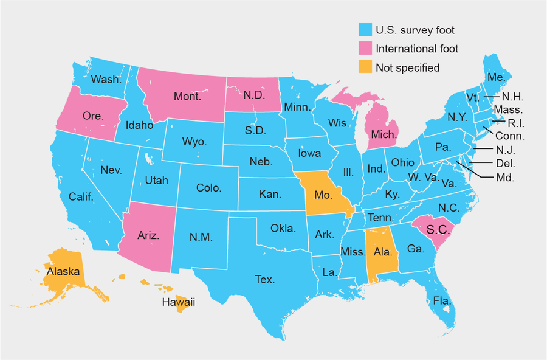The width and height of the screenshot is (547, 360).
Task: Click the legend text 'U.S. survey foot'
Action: point(415,30)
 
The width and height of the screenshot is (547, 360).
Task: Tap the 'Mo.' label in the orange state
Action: point(322,195)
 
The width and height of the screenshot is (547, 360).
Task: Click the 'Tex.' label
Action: point(264,280)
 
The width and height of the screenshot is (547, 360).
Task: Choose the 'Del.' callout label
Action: point(505,163)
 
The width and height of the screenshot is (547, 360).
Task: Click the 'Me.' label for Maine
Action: point(495,77)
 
